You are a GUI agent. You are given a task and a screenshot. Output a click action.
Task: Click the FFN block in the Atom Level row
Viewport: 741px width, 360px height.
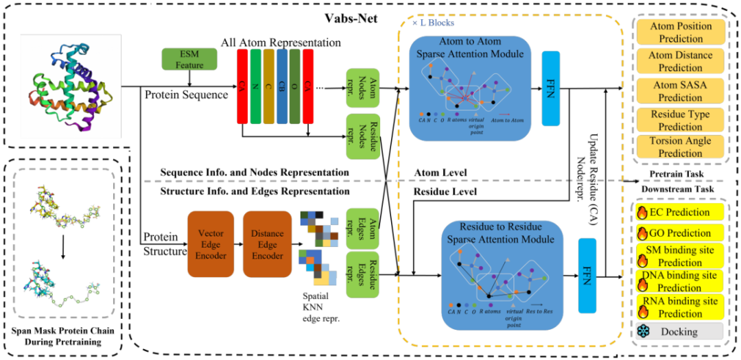coord(551,88)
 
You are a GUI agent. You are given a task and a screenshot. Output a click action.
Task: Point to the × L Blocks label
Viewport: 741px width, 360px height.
coord(433,23)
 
